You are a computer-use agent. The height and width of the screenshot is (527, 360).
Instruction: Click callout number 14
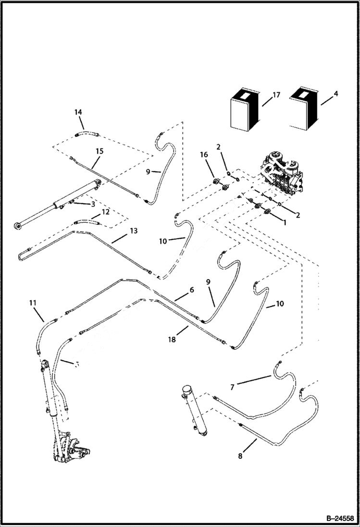(x=78, y=112)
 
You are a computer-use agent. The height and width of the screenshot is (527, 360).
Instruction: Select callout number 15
(x=99, y=151)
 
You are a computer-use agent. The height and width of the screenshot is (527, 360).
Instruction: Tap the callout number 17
(x=276, y=95)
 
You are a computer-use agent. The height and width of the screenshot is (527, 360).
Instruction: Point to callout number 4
(x=335, y=94)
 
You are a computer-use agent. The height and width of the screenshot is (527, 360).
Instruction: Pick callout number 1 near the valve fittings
(x=285, y=223)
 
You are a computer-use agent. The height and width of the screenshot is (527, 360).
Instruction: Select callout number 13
(x=133, y=231)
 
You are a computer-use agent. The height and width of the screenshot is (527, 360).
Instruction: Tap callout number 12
(x=105, y=211)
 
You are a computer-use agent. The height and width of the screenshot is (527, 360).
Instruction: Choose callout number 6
(x=191, y=290)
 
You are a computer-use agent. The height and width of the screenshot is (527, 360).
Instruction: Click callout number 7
(x=233, y=387)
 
